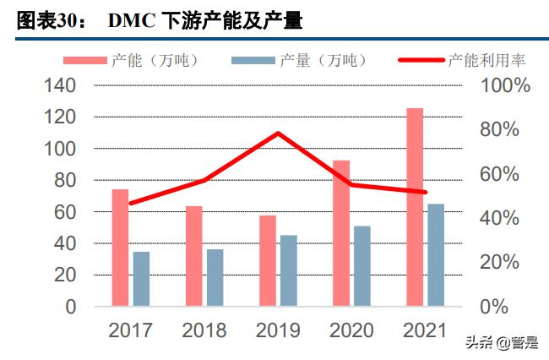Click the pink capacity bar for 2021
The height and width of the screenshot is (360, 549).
coord(414,207)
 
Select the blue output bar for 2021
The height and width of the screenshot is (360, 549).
coord(435,254)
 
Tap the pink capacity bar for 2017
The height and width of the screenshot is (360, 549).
coord(121,247)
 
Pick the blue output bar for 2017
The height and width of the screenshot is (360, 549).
coord(141,278)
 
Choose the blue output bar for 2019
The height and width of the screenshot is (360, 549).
coord(288,270)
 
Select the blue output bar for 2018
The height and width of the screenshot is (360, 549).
coord(215,277)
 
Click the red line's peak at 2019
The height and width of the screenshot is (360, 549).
coord(278,134)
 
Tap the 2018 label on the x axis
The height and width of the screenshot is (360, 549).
coord(204,330)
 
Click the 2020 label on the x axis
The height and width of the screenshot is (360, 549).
coord(351,330)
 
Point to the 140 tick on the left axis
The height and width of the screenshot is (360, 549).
coord(58,85)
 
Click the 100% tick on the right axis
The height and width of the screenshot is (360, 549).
coord(505,85)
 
